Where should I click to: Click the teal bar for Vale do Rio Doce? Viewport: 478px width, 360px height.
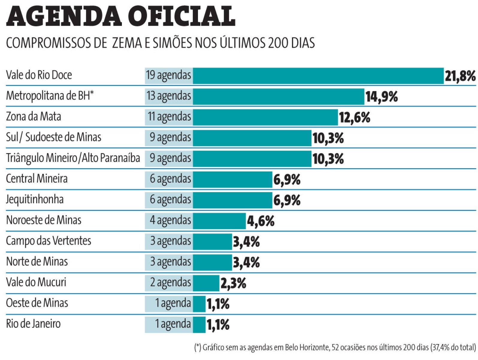[x=318, y=76]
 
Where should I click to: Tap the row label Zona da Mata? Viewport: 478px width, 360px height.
[x=34, y=116]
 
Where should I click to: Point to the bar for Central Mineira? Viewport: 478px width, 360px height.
[x=232, y=180]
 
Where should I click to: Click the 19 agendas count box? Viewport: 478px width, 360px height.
[x=169, y=75]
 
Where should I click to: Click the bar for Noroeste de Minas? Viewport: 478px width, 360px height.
[x=219, y=221]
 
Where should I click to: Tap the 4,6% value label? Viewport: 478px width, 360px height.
[x=261, y=221]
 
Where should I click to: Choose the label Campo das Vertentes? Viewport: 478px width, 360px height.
[x=49, y=241]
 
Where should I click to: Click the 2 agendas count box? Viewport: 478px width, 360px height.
[x=170, y=283]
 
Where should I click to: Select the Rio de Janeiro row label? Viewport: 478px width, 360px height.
[x=33, y=324]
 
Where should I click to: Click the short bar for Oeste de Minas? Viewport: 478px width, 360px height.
[x=199, y=304]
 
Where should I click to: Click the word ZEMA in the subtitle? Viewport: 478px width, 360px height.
[x=127, y=43]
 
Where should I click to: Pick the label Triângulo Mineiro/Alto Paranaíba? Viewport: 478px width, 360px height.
[x=73, y=158]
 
